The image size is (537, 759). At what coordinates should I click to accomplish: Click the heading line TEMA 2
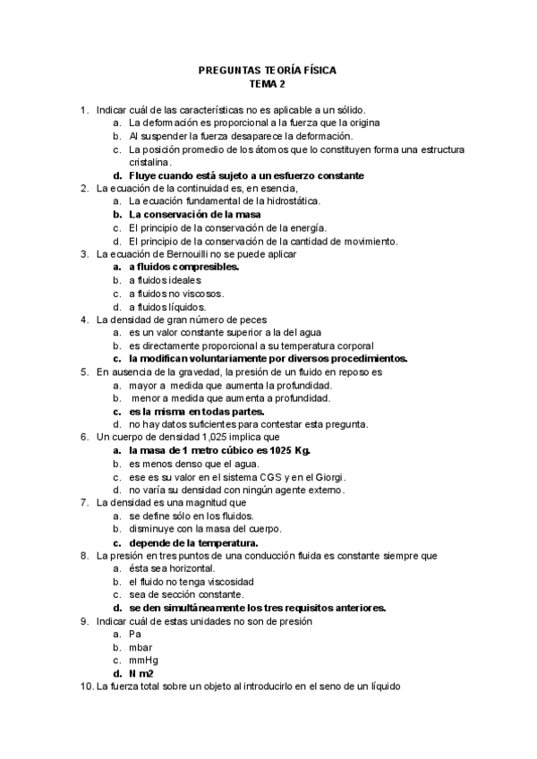point(267,84)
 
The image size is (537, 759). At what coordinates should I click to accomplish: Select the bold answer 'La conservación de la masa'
point(198,214)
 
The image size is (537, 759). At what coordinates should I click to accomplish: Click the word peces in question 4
point(272,319)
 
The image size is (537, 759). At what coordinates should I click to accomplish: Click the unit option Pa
point(135,633)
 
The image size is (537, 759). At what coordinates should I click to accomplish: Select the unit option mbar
point(141,646)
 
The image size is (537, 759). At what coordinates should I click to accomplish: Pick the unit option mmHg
point(144,660)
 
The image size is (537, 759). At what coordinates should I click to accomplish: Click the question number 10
point(86,686)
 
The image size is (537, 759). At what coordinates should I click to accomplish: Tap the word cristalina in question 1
point(154,162)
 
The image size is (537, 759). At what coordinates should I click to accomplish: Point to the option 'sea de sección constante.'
point(184,593)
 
